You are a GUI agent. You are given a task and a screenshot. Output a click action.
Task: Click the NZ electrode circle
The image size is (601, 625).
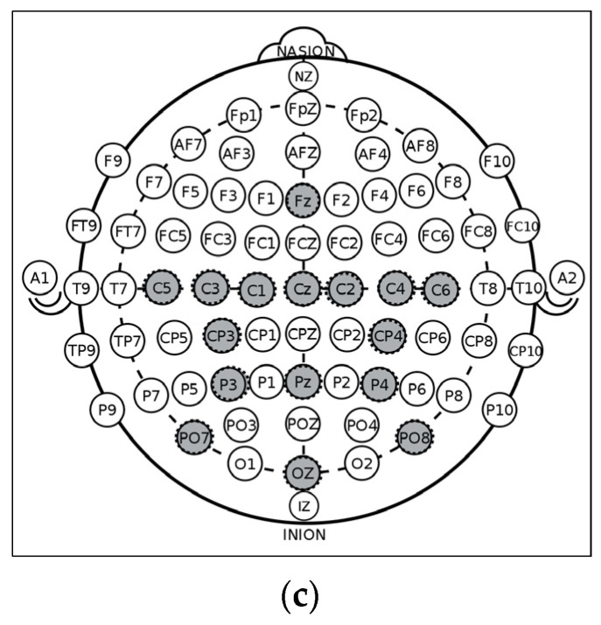coord(303,77)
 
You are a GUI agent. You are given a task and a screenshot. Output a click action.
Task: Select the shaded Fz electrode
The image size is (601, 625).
coord(303,200)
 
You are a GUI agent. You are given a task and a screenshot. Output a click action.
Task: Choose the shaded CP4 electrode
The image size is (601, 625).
coord(386,334)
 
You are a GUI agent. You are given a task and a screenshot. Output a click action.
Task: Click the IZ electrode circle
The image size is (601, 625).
coord(303,505)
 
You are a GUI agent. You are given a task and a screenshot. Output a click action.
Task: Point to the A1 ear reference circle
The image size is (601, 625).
coord(39,278)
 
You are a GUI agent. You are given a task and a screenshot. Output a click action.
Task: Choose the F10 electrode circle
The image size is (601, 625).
coord(497,160)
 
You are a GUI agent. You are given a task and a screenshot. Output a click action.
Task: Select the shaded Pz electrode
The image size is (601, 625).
coord(303,382)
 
